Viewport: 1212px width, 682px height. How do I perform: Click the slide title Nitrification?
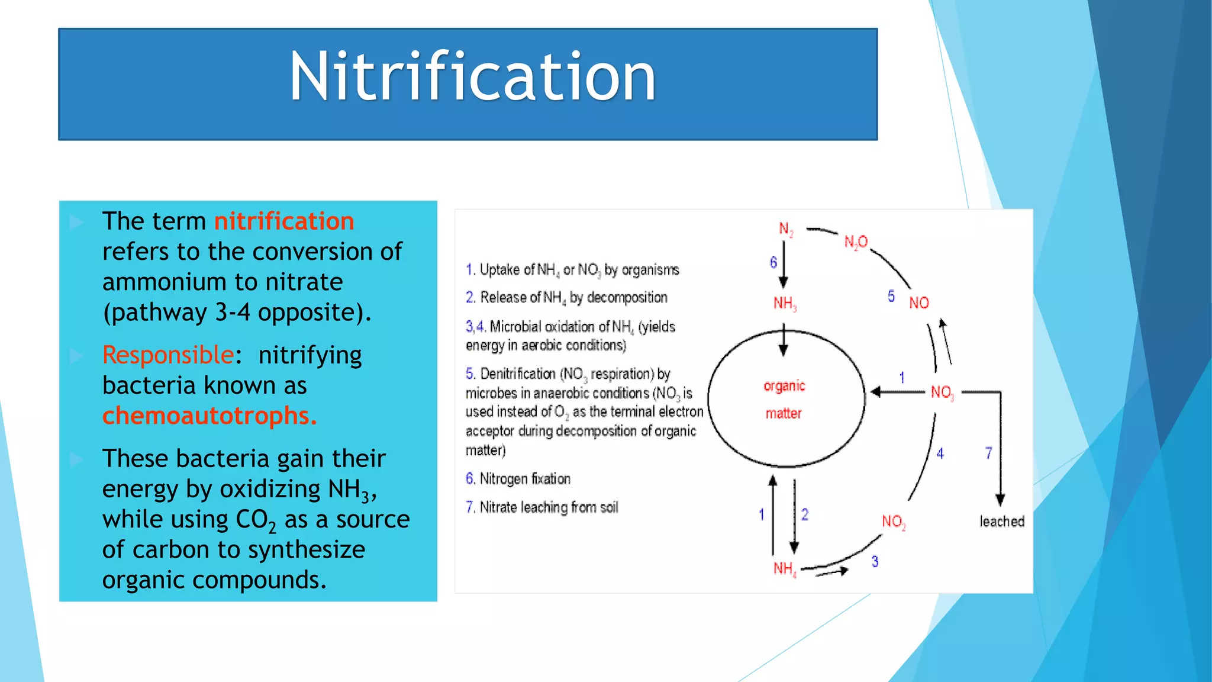click(x=472, y=77)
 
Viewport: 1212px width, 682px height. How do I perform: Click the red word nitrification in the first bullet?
click(x=284, y=221)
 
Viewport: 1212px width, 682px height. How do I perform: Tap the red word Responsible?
click(x=168, y=355)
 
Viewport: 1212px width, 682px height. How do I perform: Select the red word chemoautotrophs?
click(x=209, y=416)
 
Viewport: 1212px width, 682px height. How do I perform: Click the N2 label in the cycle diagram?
click(x=785, y=229)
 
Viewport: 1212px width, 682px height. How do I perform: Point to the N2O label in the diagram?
click(x=856, y=242)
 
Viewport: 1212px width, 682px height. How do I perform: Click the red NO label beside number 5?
click(x=918, y=303)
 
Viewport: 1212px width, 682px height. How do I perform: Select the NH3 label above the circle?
click(x=785, y=304)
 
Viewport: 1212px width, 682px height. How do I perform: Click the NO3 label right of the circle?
click(x=942, y=393)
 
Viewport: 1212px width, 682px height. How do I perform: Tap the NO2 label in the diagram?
click(x=893, y=522)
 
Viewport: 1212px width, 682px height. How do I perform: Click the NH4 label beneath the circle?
click(x=785, y=569)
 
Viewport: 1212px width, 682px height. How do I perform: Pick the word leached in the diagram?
click(x=1001, y=522)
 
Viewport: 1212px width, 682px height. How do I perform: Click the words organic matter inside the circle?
click(x=784, y=400)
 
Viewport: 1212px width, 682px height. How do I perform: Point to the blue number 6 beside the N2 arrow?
click(x=773, y=262)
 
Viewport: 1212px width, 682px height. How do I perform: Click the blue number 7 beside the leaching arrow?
click(x=988, y=453)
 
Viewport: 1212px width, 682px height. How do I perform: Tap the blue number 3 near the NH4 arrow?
click(x=875, y=561)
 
